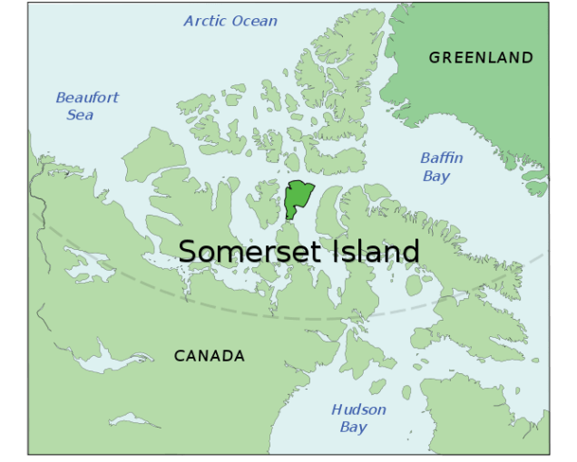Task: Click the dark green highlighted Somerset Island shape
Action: [x=298, y=196]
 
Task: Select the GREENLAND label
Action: [x=481, y=57]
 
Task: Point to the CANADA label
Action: [x=210, y=356]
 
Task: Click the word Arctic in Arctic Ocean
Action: [x=203, y=21]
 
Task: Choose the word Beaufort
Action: [x=87, y=98]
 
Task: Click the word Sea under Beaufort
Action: [x=80, y=115]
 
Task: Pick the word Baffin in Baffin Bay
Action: [x=442, y=159]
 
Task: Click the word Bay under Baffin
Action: [x=436, y=177]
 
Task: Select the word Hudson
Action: [x=358, y=409]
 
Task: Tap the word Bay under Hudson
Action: [x=354, y=427]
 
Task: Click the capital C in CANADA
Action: [x=180, y=356]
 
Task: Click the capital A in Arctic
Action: [x=189, y=21]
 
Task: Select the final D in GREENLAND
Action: [x=527, y=57]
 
